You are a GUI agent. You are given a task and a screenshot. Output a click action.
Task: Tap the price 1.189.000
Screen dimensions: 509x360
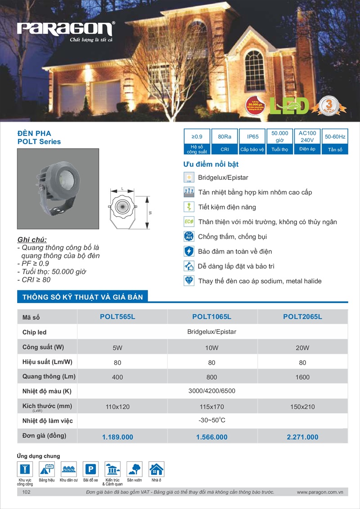click(x=117, y=437)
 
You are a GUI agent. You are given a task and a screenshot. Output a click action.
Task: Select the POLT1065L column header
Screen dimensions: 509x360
click(x=211, y=317)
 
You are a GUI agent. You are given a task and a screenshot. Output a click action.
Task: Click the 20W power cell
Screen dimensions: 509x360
click(x=302, y=348)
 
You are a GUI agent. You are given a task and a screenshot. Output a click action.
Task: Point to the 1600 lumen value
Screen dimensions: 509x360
click(x=302, y=377)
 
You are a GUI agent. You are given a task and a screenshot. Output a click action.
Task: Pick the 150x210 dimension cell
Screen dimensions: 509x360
click(x=302, y=407)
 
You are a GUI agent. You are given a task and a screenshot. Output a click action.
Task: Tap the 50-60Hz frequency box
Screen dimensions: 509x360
click(x=335, y=136)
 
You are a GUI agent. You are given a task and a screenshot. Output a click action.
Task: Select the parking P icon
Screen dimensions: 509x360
click(x=90, y=469)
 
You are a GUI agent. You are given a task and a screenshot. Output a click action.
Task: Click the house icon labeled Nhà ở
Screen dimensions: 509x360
click(x=156, y=469)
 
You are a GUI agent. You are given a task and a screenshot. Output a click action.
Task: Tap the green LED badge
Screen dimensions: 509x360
click(x=289, y=105)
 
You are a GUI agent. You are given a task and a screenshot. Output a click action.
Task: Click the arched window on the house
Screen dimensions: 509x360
click(x=255, y=70)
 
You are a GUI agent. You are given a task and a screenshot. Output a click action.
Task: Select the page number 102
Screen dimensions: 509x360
click(x=26, y=493)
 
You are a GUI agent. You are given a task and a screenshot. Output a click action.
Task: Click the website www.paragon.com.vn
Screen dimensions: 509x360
click(x=320, y=493)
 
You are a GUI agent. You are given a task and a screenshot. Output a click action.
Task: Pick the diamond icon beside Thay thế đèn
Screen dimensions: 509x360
click(x=189, y=281)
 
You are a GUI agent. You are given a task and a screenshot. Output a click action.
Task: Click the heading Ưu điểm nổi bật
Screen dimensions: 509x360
click(x=211, y=164)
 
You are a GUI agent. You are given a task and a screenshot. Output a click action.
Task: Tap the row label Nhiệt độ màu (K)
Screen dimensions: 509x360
click(x=47, y=391)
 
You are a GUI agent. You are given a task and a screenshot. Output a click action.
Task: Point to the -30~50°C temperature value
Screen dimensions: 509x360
click(x=212, y=421)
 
